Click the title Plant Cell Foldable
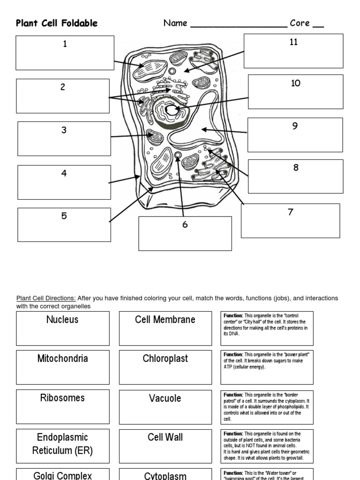(x=57, y=23)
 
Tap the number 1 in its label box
(x=65, y=44)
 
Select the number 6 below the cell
(x=185, y=225)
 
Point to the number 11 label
(x=293, y=42)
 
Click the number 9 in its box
(x=295, y=126)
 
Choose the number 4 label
(x=64, y=173)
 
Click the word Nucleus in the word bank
(x=62, y=320)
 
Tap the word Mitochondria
(x=62, y=359)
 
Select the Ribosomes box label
(x=62, y=398)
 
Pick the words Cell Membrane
(x=165, y=320)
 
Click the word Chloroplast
(x=165, y=359)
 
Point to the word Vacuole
(x=165, y=398)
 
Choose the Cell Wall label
(x=165, y=437)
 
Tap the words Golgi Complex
(x=62, y=475)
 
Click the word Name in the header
(x=175, y=23)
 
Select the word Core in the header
(x=300, y=23)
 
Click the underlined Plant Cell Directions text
(x=46, y=298)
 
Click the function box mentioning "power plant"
(x=267, y=360)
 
